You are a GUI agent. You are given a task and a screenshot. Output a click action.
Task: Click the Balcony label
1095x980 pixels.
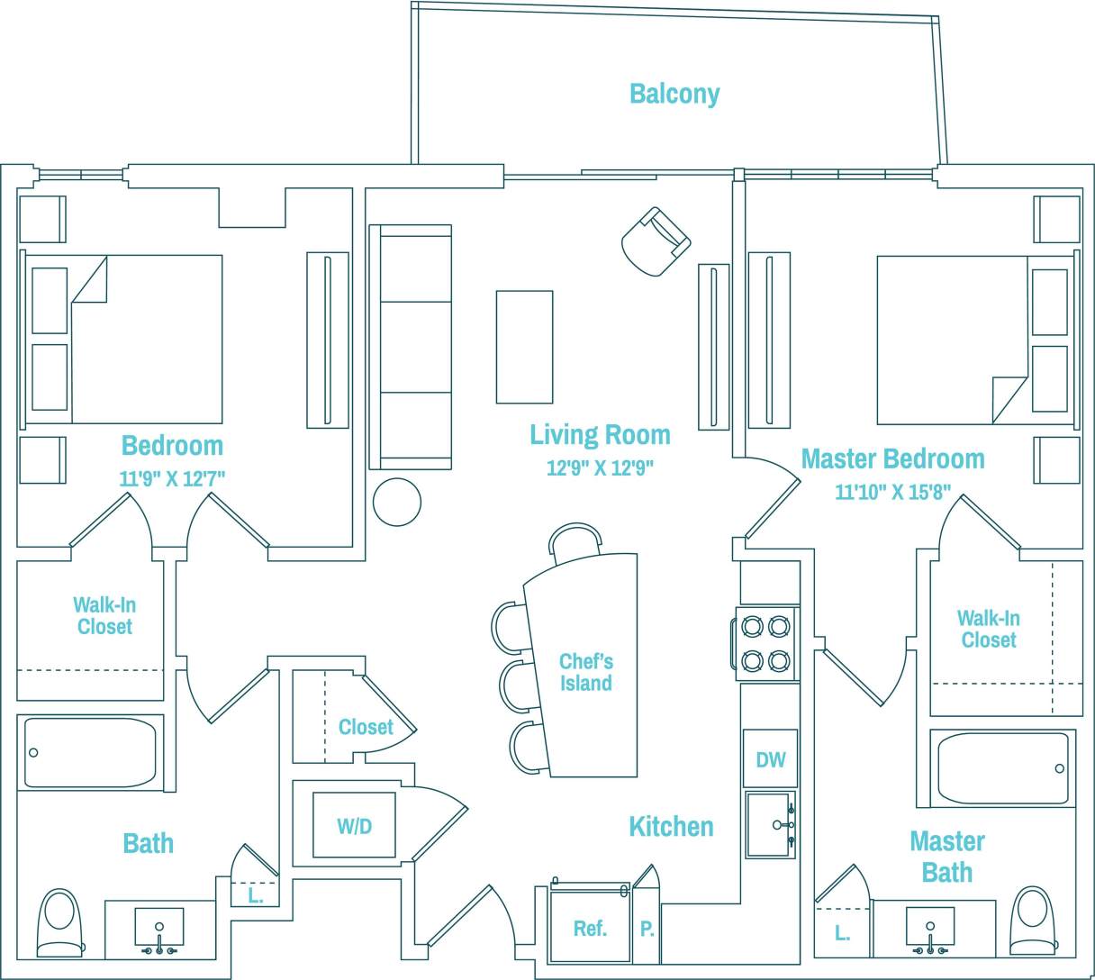click(x=674, y=94)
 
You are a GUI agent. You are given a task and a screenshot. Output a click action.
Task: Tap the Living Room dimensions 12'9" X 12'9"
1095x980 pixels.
click(x=600, y=467)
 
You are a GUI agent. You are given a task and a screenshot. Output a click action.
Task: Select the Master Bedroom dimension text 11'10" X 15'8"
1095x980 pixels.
click(x=892, y=492)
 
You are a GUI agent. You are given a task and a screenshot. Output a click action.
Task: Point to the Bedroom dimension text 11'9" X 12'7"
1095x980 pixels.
click(x=172, y=478)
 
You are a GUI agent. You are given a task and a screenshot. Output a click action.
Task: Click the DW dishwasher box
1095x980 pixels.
click(x=770, y=759)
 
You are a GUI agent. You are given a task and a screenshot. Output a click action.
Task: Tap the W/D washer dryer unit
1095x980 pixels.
click(x=354, y=825)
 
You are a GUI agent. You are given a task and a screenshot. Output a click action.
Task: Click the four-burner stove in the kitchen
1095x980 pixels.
click(x=766, y=643)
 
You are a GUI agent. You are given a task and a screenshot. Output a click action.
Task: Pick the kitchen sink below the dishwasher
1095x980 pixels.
click(x=771, y=824)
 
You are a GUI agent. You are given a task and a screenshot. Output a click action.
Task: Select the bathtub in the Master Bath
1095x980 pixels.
click(x=1002, y=768)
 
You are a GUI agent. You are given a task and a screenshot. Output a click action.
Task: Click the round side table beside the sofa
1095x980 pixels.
click(x=397, y=502)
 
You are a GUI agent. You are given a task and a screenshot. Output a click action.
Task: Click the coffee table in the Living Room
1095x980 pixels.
click(x=524, y=347)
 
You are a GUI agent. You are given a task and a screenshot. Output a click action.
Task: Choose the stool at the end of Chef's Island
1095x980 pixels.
click(x=574, y=543)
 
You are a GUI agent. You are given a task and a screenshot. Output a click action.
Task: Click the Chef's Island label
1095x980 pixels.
click(x=585, y=672)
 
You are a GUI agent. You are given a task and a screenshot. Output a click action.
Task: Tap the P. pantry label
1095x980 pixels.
click(x=647, y=929)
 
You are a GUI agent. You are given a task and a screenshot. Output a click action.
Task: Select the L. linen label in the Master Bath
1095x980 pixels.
click(x=842, y=933)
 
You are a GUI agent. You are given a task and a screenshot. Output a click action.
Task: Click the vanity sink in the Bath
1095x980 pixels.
click(x=159, y=929)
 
